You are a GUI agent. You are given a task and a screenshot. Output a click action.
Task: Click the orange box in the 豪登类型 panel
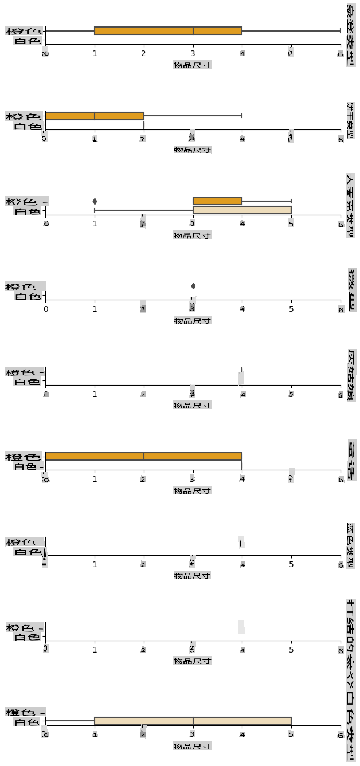pyautogui.click(x=168, y=30)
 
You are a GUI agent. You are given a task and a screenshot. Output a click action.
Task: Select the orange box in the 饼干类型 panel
pyautogui.click(x=95, y=116)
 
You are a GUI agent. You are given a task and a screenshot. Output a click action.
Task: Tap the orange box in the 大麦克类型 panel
pyautogui.click(x=217, y=201)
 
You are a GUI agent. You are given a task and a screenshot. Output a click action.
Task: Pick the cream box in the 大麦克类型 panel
pyautogui.click(x=242, y=210)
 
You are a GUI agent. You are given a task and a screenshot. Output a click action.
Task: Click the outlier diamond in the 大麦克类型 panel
pyautogui.click(x=95, y=201)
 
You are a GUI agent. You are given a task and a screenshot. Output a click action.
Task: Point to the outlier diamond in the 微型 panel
pyautogui.click(x=193, y=286)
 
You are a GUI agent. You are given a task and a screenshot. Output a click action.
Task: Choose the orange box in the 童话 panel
pyautogui.click(x=143, y=456)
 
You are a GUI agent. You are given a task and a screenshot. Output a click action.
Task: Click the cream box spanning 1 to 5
pyautogui.click(x=193, y=721)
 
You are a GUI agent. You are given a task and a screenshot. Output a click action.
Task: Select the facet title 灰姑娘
pyautogui.click(x=351, y=375)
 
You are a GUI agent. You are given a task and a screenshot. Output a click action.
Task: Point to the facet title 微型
pyautogui.click(x=351, y=289)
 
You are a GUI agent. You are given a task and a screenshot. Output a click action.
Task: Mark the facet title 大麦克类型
pyautogui.click(x=351, y=205)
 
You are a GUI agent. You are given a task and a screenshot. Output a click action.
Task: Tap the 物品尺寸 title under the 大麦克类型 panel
pyautogui.click(x=193, y=235)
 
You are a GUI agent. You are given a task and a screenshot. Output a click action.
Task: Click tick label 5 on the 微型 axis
pyautogui.click(x=291, y=309)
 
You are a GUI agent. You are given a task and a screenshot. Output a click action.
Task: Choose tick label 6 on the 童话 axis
pyautogui.click(x=341, y=479)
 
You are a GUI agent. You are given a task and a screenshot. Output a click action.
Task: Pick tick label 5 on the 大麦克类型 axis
pyautogui.click(x=291, y=224)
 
